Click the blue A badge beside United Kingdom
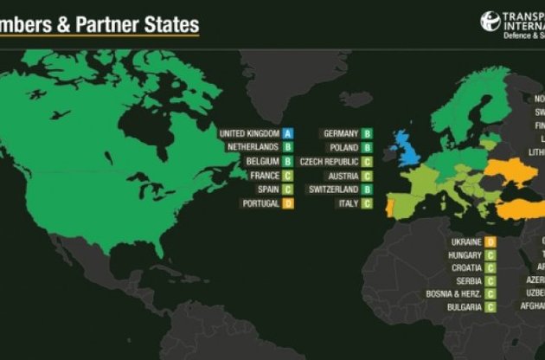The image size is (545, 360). pyautogui.click(x=289, y=133)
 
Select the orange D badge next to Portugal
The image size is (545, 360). pyautogui.click(x=289, y=203)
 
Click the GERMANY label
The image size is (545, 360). pyautogui.click(x=341, y=133)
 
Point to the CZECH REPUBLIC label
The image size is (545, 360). pyautogui.click(x=328, y=162)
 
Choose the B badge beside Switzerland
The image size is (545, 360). pyautogui.click(x=367, y=190)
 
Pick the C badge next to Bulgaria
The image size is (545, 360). pyautogui.click(x=490, y=307)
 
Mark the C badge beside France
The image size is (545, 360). pyautogui.click(x=289, y=176)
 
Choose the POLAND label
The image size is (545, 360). pyautogui.click(x=343, y=147)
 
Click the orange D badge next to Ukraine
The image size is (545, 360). pyautogui.click(x=490, y=241)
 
